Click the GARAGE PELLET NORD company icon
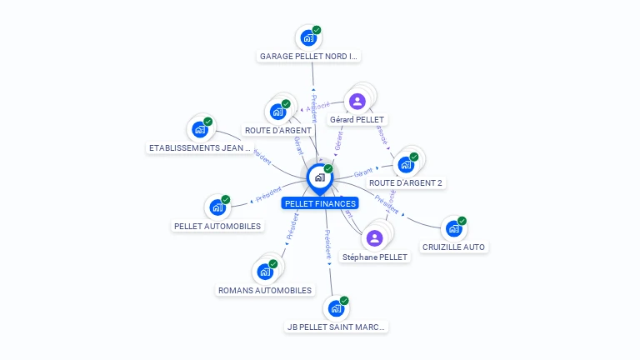308,37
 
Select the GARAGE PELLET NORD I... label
309,57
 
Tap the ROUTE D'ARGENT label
278,130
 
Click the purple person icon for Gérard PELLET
357,102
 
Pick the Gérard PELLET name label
357,120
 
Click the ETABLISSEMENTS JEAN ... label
200,148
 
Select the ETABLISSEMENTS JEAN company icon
200,129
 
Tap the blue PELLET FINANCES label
320,203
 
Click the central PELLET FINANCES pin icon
319,177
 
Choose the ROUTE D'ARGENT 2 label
406,182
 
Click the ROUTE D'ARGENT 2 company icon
406,164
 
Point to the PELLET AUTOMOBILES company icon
217,207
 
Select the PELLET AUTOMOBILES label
217,226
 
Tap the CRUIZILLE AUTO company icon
453,228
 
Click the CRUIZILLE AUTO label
453,247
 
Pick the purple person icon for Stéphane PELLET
375,238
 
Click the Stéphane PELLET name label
375,257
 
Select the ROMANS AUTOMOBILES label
265,290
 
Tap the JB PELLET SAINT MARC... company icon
336,308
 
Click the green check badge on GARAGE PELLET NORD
317,30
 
